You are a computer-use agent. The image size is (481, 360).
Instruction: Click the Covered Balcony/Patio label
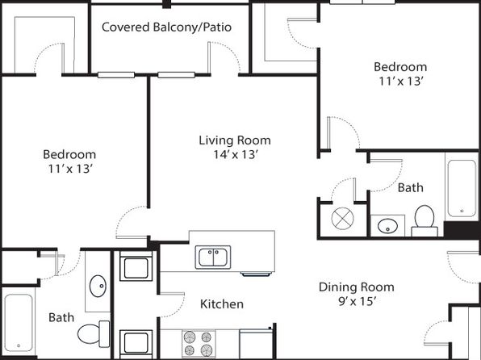coord(166,27)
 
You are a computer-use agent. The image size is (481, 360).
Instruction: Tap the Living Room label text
coord(235,140)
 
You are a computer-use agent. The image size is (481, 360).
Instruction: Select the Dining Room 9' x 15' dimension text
coord(358,301)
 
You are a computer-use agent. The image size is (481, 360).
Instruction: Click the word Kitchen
coord(222,303)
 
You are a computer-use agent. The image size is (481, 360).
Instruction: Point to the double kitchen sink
coord(213,257)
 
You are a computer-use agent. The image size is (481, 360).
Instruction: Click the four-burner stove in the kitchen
coord(199,344)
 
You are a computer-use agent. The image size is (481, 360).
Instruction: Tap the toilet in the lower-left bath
coord(94,334)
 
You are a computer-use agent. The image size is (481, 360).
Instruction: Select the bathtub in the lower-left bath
coord(19,322)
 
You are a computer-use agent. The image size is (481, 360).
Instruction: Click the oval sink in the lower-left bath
coord(98,286)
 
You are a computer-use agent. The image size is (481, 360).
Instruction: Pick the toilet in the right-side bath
coord(425,221)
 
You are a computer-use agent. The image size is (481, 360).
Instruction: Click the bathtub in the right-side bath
coord(462,188)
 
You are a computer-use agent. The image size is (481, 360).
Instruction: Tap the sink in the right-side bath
coord(387,227)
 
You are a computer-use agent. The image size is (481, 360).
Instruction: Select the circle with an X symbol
coord(343,219)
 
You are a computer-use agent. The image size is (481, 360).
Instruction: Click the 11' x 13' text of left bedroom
coord(70,169)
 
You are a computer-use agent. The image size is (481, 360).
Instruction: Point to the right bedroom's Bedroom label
coord(400,67)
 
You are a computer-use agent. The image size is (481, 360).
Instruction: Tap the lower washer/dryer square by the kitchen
coord(136,342)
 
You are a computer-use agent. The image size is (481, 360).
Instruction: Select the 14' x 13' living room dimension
coord(235,154)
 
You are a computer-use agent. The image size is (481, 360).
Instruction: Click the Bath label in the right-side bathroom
coord(411,187)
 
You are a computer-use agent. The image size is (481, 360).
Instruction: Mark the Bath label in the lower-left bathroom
coord(61,317)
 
